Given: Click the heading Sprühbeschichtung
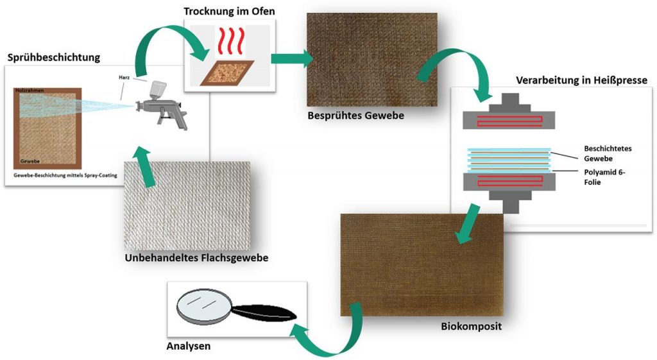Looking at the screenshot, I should [54, 57].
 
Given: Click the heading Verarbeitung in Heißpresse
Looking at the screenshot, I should [581, 80].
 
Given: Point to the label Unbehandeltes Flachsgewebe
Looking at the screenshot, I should [196, 258].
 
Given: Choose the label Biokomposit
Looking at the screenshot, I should [471, 326].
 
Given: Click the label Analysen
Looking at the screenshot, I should [189, 346].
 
